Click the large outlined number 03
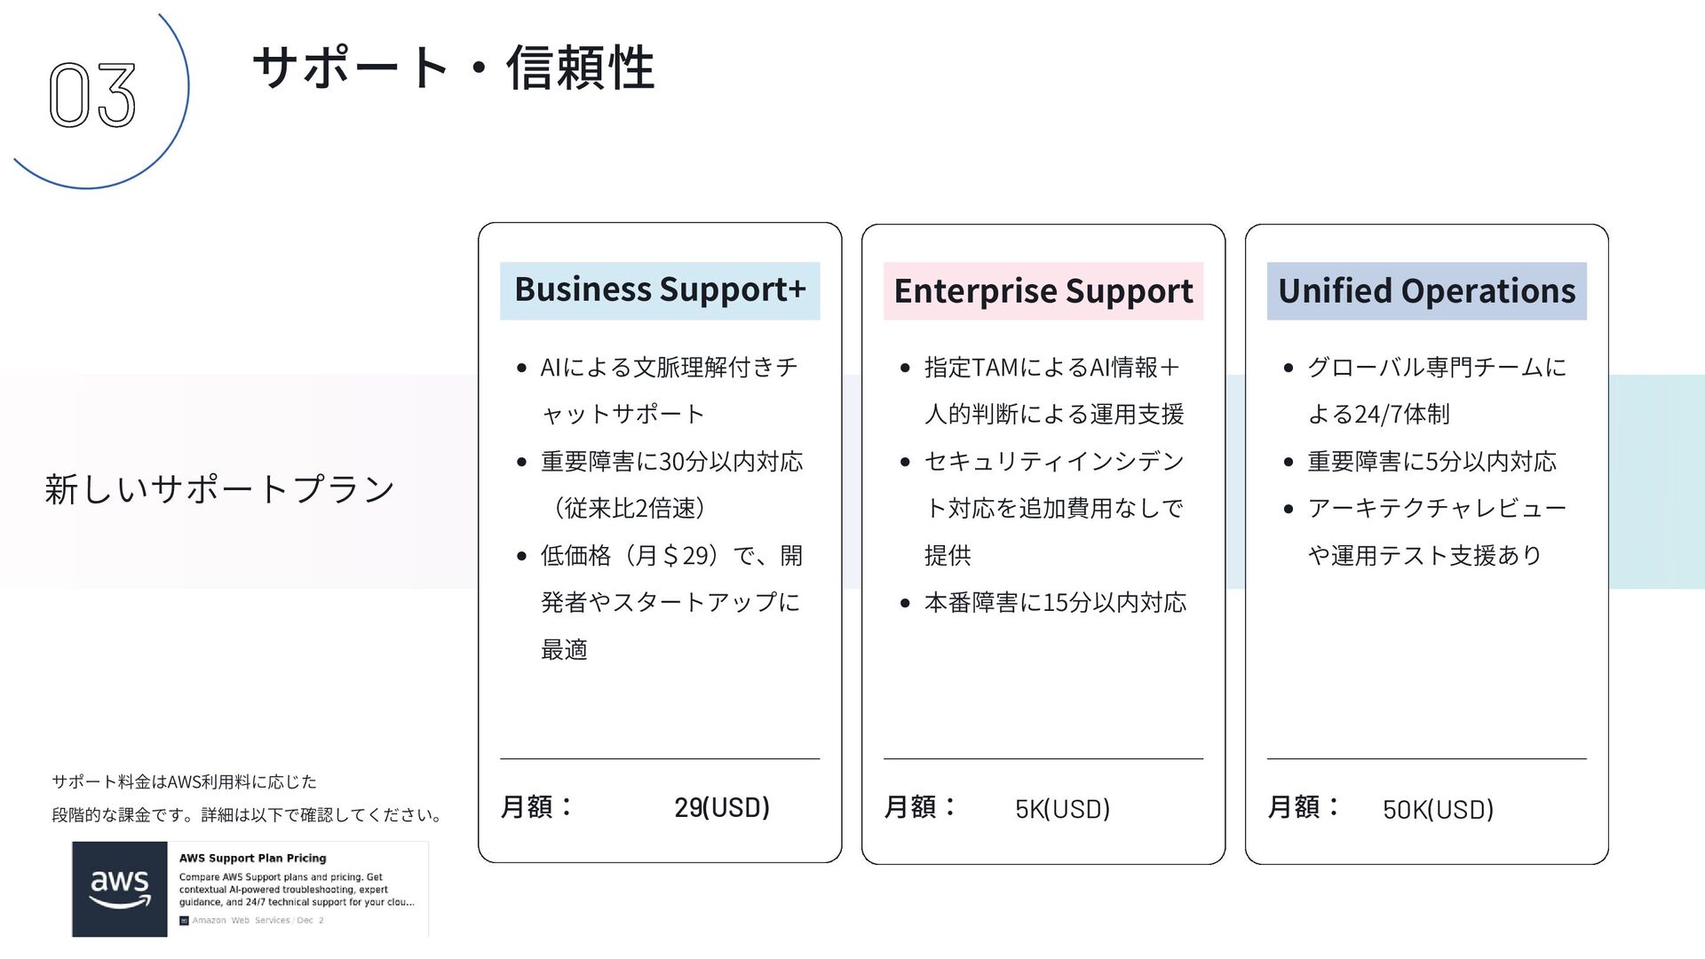[x=92, y=94]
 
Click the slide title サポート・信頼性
[x=454, y=67]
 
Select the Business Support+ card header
[x=660, y=290]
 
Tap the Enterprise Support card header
[x=1043, y=291]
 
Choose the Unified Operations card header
[x=1426, y=291]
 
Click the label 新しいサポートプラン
[x=219, y=488]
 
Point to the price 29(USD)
[x=721, y=807]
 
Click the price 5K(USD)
[x=1062, y=809]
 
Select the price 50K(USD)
[x=1438, y=809]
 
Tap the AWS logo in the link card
[x=120, y=889]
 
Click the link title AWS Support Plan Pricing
[x=252, y=858]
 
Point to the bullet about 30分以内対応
[x=671, y=462]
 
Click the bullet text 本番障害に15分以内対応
[x=1055, y=603]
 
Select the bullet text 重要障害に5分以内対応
[x=1431, y=462]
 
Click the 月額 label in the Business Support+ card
[x=536, y=807]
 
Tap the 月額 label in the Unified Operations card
[x=1303, y=807]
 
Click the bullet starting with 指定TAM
[x=1052, y=368]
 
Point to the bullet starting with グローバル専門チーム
[x=1436, y=368]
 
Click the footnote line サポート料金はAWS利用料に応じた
[x=184, y=781]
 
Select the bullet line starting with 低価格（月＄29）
[x=671, y=556]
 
